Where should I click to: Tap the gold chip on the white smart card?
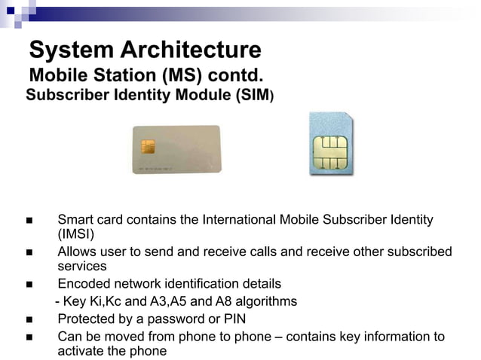148,146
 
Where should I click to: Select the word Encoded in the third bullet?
82,284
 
